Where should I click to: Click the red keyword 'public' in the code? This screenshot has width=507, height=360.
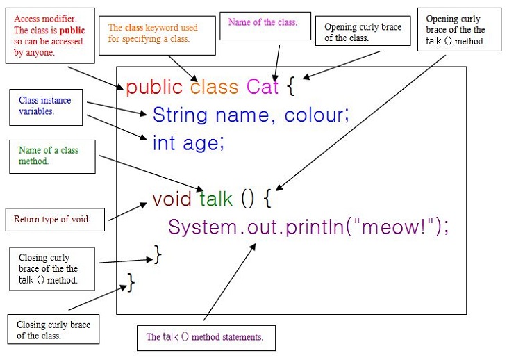point(154,88)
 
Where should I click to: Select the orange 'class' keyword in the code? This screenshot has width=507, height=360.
point(215,87)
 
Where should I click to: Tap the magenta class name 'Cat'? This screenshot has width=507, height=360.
point(263,87)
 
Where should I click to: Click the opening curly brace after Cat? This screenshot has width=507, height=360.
point(291,86)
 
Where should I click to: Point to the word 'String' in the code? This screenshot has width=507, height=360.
point(180,115)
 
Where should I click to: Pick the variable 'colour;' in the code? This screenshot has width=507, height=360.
point(317,115)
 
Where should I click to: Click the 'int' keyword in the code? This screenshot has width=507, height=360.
point(164,142)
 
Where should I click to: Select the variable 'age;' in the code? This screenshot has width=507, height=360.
point(203,144)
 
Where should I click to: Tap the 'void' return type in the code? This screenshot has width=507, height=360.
point(172,198)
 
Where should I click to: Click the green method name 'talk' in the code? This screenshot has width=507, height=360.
point(216,198)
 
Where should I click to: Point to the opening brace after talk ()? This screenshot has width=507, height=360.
point(267,198)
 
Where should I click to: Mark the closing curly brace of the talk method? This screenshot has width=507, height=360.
point(158,254)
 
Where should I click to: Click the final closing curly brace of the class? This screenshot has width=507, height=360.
point(131,282)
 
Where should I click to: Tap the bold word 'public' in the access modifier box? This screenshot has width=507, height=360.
point(72,31)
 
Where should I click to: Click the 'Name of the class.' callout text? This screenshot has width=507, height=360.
point(263,22)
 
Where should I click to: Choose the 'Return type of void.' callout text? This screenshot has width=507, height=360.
point(51,220)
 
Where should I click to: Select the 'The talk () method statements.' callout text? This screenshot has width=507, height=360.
point(205,337)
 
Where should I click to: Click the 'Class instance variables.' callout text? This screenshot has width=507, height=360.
point(44,106)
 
